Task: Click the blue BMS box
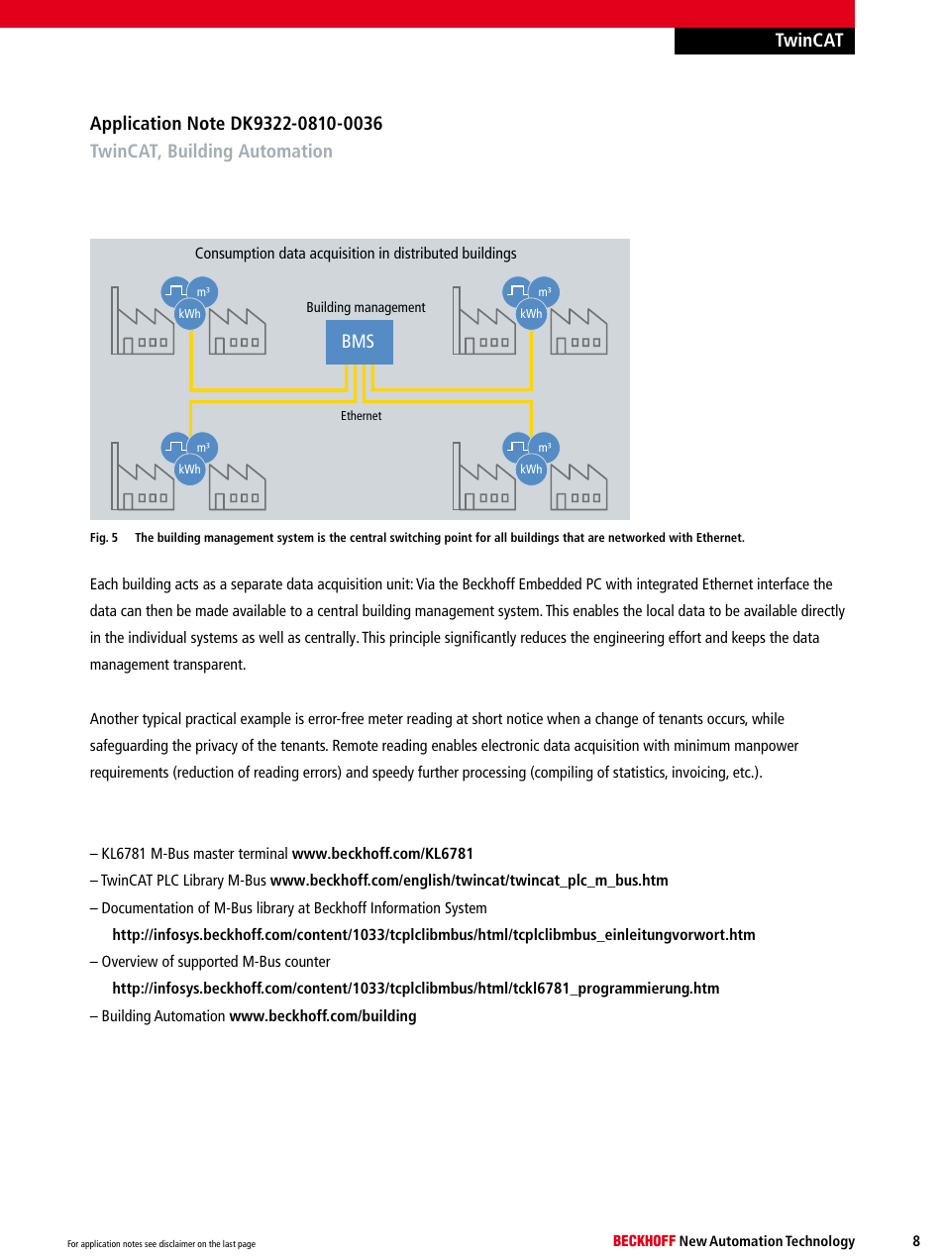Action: tap(359, 342)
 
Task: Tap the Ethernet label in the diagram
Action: tap(361, 416)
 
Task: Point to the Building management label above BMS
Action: tap(366, 307)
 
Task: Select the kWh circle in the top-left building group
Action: tap(189, 314)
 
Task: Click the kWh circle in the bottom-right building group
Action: tap(531, 470)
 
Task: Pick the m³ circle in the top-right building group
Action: tap(544, 292)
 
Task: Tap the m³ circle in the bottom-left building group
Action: tap(202, 448)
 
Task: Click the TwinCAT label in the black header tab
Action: tap(808, 41)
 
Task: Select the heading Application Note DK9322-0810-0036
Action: tap(236, 124)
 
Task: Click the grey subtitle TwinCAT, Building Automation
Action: tap(211, 152)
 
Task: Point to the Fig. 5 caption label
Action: tap(104, 538)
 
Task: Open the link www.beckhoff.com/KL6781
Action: tap(382, 854)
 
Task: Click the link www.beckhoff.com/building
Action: tap(323, 1016)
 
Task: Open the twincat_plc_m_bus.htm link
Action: tap(469, 881)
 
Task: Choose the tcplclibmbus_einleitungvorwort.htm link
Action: tap(433, 935)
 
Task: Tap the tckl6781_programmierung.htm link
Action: tap(415, 989)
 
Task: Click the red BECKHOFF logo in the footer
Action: tap(644, 1241)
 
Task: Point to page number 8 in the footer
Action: tap(916, 1241)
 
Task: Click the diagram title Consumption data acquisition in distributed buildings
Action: tap(356, 254)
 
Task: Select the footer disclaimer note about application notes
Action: tap(161, 1244)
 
